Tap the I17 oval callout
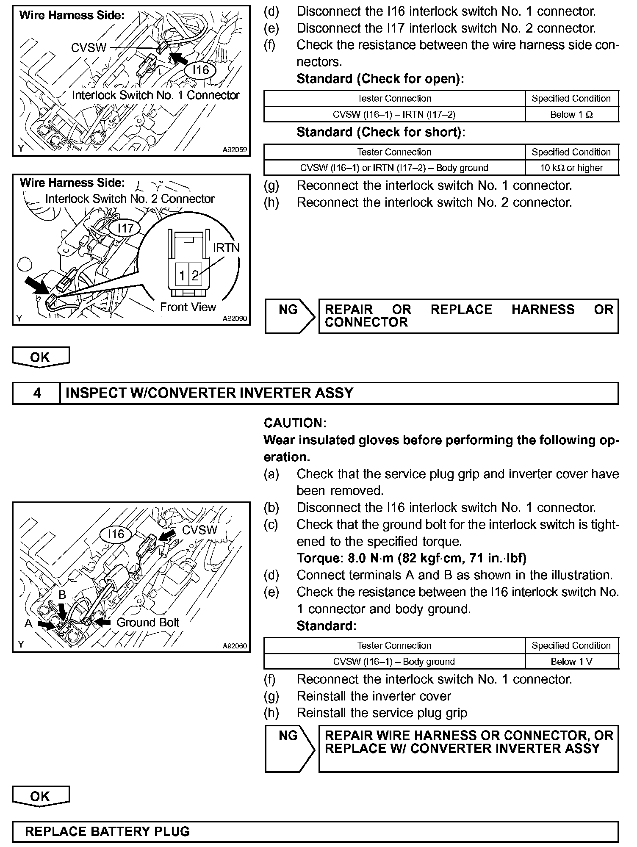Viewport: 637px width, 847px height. [125, 228]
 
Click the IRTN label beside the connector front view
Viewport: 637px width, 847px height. [226, 247]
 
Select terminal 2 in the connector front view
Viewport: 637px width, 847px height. [195, 276]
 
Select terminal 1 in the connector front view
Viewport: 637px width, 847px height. [182, 276]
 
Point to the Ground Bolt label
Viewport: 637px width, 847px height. [148, 622]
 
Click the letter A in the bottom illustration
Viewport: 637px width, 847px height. [28, 623]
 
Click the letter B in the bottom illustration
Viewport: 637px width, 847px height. [62, 595]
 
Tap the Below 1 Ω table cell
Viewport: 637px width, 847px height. [571, 114]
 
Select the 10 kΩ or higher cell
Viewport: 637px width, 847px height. [571, 168]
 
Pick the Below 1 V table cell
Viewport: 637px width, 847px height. [571, 662]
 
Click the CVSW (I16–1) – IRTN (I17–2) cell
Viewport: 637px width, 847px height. [394, 114]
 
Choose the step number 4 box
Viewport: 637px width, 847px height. [37, 393]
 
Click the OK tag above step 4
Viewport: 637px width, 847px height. [40, 357]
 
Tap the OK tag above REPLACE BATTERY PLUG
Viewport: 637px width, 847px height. [40, 796]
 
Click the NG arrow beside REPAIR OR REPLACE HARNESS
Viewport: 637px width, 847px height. [289, 316]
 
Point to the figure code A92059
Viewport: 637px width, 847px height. [235, 149]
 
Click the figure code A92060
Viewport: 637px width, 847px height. [235, 646]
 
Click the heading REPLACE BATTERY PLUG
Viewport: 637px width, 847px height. [108, 831]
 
